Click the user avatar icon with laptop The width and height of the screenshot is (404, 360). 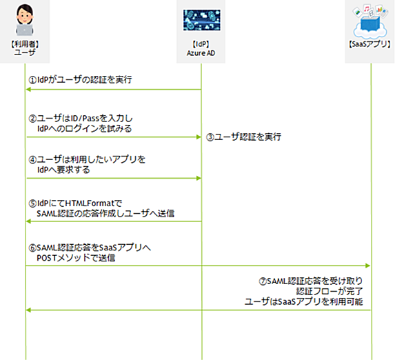pyautogui.click(x=25, y=19)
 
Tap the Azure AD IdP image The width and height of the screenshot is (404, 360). pyautogui.click(x=202, y=20)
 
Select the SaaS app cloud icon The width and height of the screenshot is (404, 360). pyautogui.click(x=370, y=21)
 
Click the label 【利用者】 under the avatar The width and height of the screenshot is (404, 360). pyautogui.click(x=25, y=44)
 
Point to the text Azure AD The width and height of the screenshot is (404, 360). pyautogui.click(x=201, y=53)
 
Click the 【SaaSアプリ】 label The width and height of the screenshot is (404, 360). pyautogui.click(x=370, y=44)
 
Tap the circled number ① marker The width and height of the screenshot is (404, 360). pyautogui.click(x=32, y=80)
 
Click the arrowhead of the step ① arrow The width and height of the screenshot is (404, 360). pyautogui.click(x=28, y=90)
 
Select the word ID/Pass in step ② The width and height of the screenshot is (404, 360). pyautogui.click(x=85, y=119)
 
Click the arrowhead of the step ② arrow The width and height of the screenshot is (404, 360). pyautogui.click(x=199, y=137)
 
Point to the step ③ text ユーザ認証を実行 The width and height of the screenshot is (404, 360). pyautogui.click(x=248, y=137)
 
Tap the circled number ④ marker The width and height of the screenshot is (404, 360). pyautogui.click(x=32, y=160)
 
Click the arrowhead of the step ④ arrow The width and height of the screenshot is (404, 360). pyautogui.click(x=199, y=178)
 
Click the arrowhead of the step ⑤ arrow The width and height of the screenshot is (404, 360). pyautogui.click(x=28, y=221)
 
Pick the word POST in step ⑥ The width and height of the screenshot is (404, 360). pyautogui.click(x=46, y=258)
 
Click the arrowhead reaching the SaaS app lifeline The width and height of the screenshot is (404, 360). pyautogui.click(x=367, y=266)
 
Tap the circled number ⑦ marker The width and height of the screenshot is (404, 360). pyautogui.click(x=263, y=281)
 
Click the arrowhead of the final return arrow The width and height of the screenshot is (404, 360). pyautogui.click(x=28, y=310)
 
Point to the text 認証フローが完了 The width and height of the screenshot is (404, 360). pyautogui.click(x=330, y=292)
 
